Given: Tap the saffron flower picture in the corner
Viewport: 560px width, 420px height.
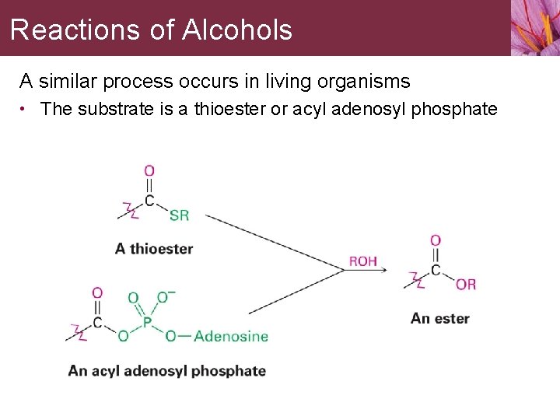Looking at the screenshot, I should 535,28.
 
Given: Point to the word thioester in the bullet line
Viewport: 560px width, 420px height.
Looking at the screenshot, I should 228,109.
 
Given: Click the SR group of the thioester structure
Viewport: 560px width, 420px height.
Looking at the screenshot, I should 179,215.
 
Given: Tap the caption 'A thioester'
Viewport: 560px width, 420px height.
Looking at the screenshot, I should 154,249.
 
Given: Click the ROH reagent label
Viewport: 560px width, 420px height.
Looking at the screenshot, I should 363,261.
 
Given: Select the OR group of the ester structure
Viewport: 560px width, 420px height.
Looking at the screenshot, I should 466,285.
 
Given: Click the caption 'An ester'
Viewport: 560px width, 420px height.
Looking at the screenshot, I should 440,318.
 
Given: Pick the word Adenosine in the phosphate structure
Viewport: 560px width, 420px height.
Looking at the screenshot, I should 230,337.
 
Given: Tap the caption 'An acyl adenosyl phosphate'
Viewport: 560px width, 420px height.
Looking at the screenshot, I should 167,371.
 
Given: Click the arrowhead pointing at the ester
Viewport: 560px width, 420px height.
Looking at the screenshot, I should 398,270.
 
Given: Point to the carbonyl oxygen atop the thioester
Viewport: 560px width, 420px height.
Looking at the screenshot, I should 149,170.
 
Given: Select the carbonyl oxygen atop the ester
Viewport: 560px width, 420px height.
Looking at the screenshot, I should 436,240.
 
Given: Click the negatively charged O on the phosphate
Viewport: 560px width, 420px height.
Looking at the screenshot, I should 163,297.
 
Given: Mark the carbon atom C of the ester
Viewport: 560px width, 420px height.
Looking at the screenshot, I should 436,271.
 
